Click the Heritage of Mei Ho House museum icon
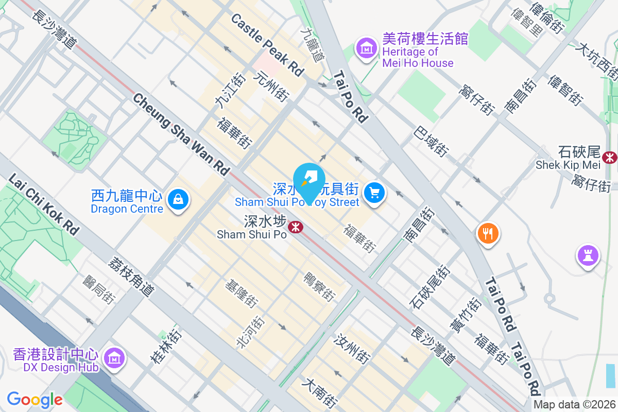point(366,49)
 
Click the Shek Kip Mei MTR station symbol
point(610,157)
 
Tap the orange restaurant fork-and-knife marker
point(487,233)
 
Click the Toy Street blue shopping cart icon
point(374,193)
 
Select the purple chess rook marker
point(588,255)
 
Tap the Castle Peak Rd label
point(267,45)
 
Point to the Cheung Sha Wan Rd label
point(181,133)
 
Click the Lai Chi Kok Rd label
point(44,204)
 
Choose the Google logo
point(35,400)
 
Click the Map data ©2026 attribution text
point(574,405)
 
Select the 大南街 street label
point(320,393)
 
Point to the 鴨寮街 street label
point(320,286)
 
